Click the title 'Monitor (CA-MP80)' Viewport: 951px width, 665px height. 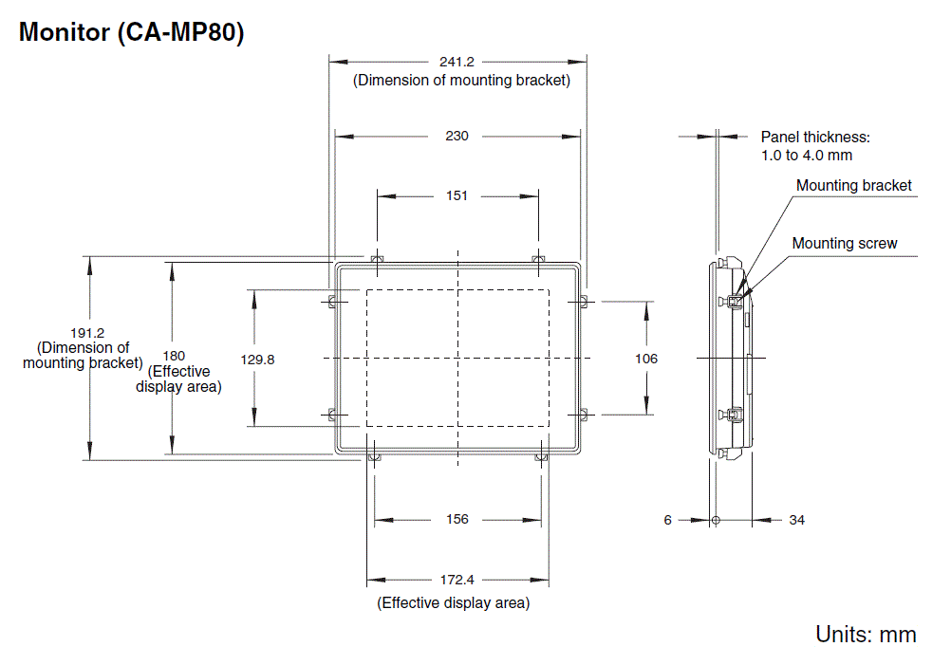click(x=132, y=32)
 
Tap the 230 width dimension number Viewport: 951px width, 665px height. click(x=457, y=137)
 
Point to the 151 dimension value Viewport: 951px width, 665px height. click(x=457, y=196)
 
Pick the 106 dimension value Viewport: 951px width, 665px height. click(x=646, y=359)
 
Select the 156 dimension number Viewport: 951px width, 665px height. click(x=457, y=520)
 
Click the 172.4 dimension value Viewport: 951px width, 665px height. click(x=457, y=580)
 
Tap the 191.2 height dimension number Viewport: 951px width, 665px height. click(x=87, y=333)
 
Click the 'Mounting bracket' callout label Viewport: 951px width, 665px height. click(x=853, y=186)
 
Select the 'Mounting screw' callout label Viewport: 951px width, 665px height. click(x=844, y=244)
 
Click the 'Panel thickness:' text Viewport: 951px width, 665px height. click(x=815, y=138)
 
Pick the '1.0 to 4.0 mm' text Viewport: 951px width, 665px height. click(x=806, y=155)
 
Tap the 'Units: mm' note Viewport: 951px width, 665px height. click(x=866, y=635)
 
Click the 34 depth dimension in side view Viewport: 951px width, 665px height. click(x=796, y=520)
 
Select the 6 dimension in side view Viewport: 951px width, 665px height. click(x=667, y=520)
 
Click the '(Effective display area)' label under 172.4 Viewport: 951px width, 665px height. click(x=453, y=602)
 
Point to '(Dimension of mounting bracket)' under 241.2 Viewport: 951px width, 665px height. click(x=461, y=81)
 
